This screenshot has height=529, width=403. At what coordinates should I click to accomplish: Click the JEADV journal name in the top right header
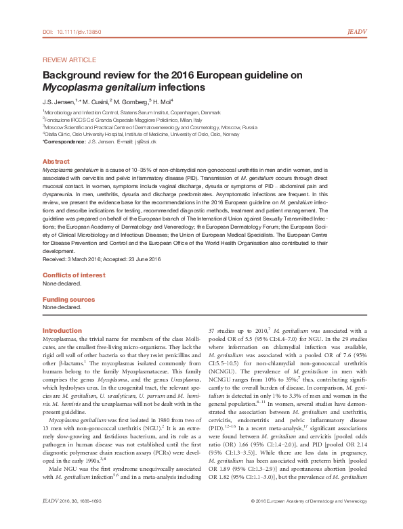tap(357, 31)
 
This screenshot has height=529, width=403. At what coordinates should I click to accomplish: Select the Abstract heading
tap(56, 162)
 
